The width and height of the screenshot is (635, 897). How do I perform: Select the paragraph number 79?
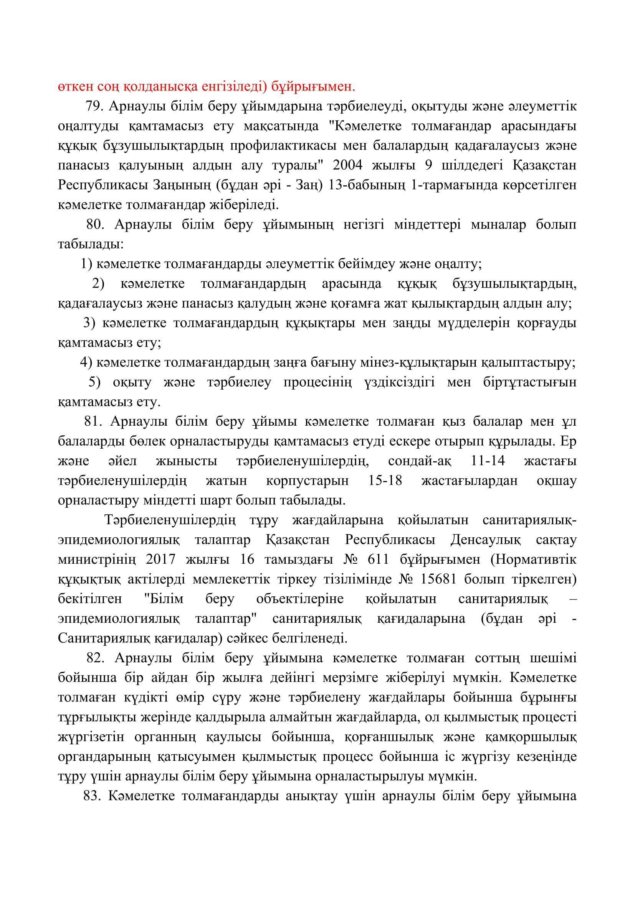(x=94, y=106)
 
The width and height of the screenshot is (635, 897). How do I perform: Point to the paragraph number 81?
(x=93, y=421)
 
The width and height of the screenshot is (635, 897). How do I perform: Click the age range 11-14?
(x=486, y=461)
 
